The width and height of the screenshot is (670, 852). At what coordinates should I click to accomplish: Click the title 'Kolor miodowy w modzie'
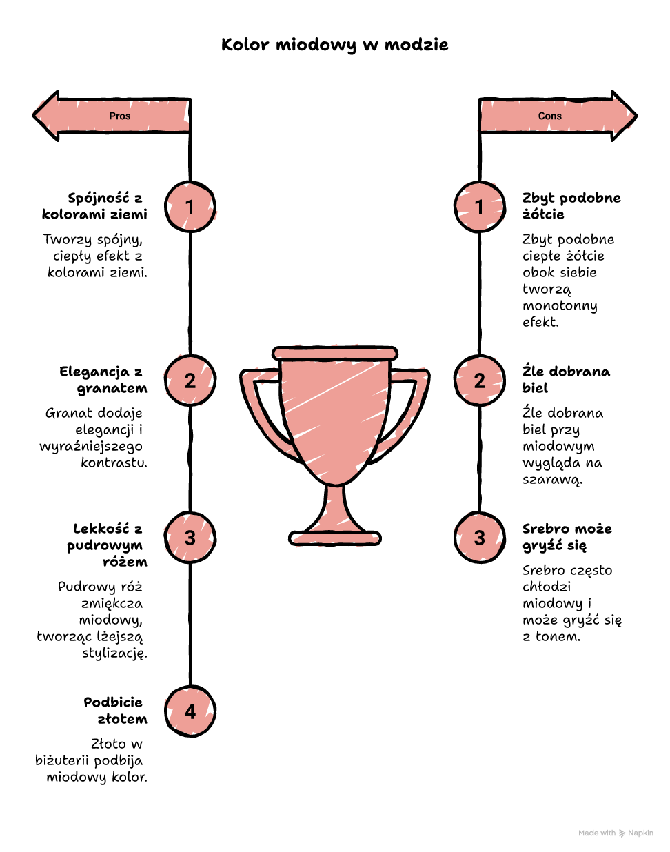(x=334, y=45)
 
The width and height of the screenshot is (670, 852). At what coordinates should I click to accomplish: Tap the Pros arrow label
(x=119, y=116)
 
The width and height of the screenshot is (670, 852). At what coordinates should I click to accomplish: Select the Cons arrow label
(x=549, y=116)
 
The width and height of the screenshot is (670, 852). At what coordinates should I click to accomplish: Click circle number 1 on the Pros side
(x=190, y=207)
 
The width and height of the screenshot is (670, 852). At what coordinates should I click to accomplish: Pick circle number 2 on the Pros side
(x=190, y=381)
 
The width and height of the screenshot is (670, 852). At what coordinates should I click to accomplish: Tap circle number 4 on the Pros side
(x=190, y=711)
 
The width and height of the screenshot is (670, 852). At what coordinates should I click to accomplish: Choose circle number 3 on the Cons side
(x=480, y=538)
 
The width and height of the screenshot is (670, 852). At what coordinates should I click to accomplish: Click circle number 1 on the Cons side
(x=480, y=207)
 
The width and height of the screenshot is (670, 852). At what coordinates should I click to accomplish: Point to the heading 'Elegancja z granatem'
(x=103, y=380)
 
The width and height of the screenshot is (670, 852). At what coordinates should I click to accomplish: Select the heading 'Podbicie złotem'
(x=115, y=711)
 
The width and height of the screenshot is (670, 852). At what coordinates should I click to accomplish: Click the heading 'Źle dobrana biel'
(x=566, y=379)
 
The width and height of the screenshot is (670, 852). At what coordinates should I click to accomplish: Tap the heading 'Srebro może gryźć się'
(x=567, y=537)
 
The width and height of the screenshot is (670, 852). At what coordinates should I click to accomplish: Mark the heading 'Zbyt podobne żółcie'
(x=571, y=206)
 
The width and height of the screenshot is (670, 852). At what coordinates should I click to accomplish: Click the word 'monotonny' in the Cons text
(x=560, y=306)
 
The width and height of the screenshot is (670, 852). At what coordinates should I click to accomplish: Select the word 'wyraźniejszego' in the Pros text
(x=91, y=447)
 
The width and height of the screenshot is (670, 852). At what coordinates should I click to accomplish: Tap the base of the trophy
(x=334, y=538)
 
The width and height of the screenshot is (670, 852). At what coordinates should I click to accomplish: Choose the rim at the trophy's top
(x=334, y=354)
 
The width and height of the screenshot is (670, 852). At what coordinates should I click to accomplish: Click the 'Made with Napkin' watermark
(x=616, y=833)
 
